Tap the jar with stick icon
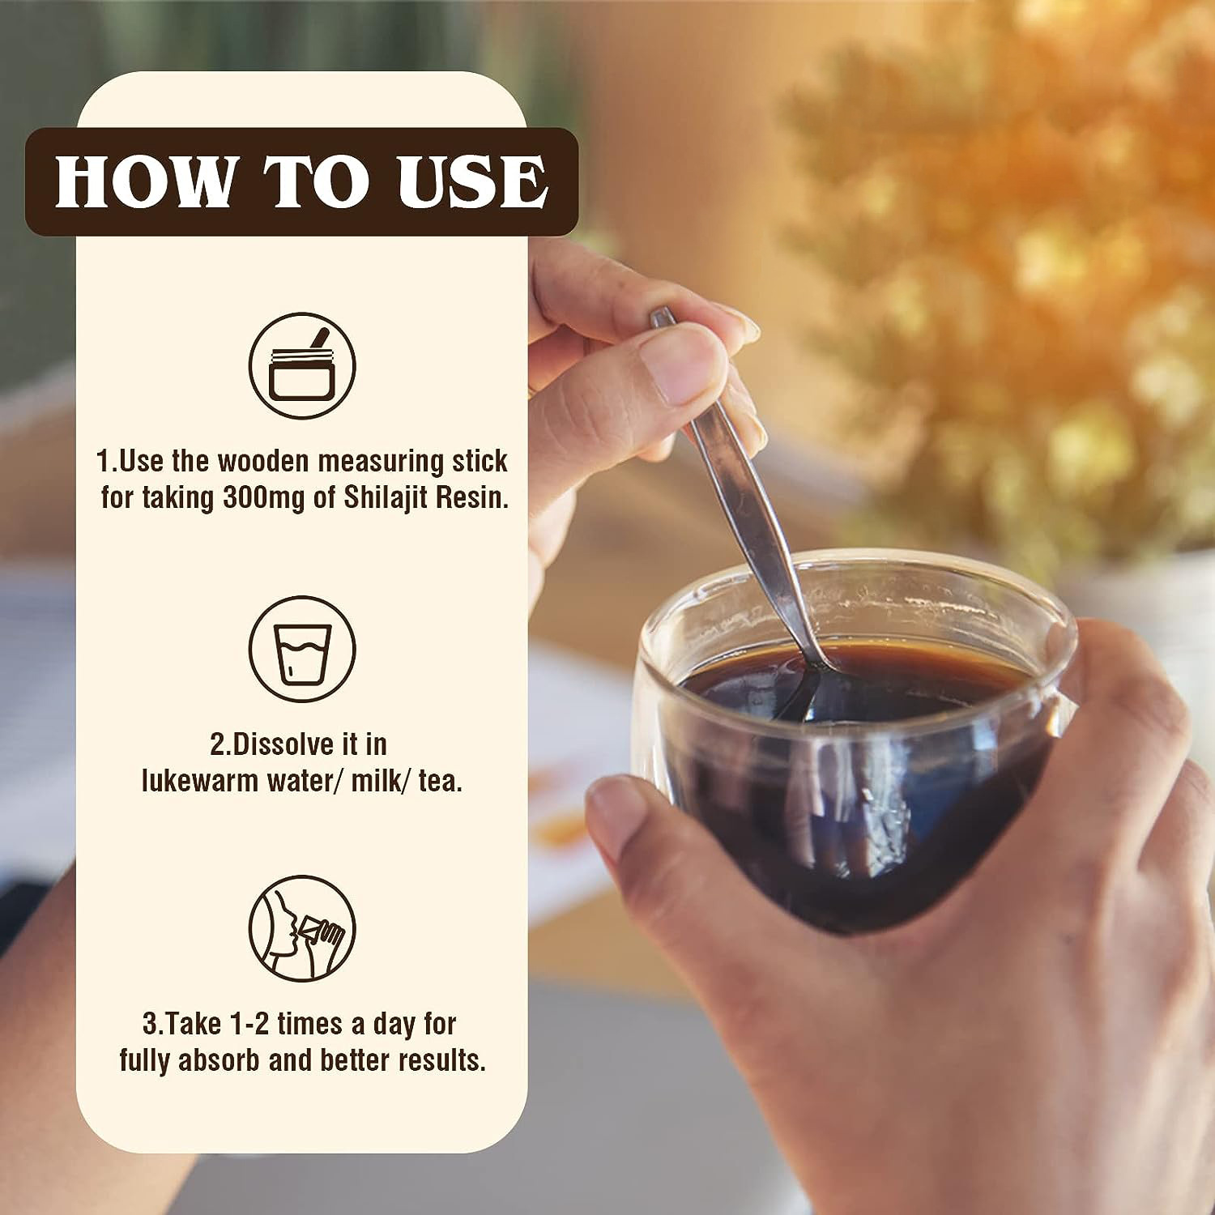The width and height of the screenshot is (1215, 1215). click(x=302, y=365)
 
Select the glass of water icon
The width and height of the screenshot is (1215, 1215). click(x=302, y=649)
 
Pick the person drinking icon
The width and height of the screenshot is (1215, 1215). click(x=302, y=928)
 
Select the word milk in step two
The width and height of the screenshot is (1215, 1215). click(x=377, y=781)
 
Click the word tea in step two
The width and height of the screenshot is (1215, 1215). click(x=440, y=782)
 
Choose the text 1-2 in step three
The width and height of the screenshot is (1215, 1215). click(x=243, y=1024)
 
